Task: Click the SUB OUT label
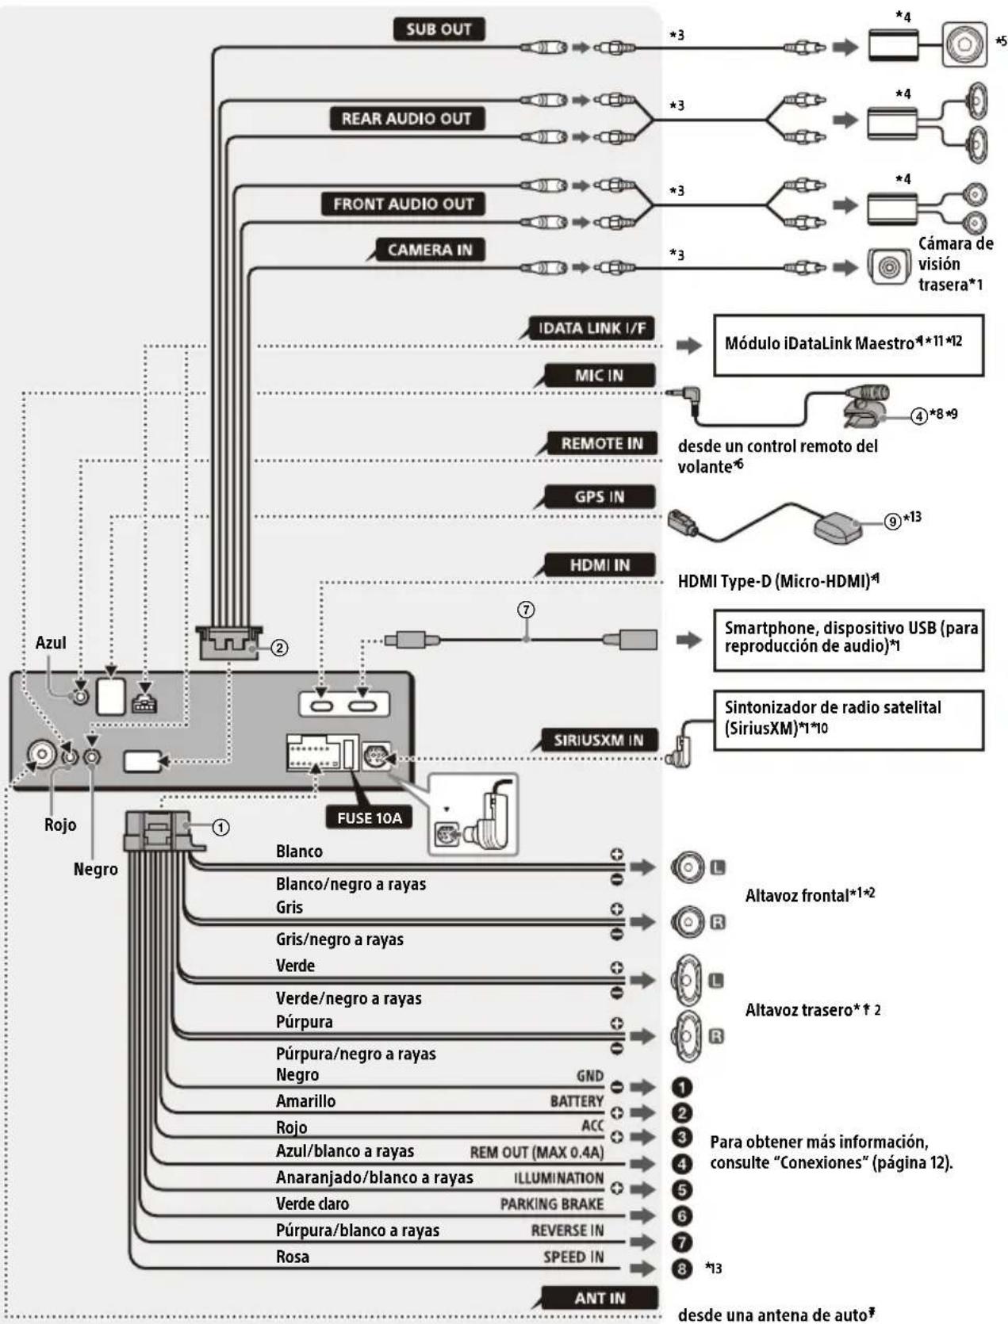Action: (439, 29)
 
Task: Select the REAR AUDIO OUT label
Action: (406, 119)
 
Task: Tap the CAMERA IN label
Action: (429, 251)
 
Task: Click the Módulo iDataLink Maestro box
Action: (848, 345)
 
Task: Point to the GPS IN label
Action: (599, 497)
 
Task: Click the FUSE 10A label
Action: (370, 817)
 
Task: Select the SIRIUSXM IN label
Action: (598, 740)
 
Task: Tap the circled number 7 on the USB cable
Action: (526, 610)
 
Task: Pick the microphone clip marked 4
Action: (864, 404)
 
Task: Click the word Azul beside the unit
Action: (51, 643)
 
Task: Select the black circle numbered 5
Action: (682, 1189)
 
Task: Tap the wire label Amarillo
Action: (305, 1101)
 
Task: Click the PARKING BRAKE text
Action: (551, 1204)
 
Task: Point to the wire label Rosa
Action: (293, 1257)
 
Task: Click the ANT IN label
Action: (600, 1298)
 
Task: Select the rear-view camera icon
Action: (888, 267)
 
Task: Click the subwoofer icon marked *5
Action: (963, 44)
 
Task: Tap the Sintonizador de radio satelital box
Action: (848, 719)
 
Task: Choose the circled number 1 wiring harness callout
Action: (221, 828)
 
